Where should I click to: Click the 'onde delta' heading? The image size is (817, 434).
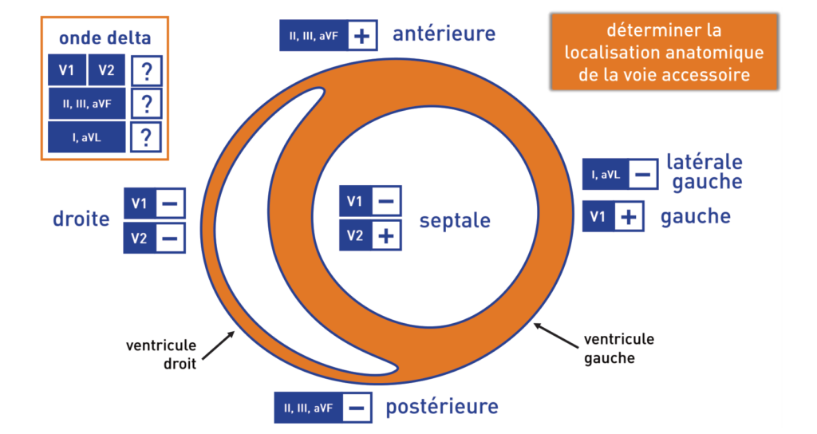[105, 37]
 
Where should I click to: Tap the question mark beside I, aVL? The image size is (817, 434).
[146, 137]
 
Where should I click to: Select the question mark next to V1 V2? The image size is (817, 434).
[146, 72]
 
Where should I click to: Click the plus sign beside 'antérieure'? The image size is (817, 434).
[361, 36]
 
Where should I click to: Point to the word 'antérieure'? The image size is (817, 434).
[444, 34]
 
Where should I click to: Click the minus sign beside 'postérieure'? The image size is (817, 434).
[357, 408]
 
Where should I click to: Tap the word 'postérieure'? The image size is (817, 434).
[442, 407]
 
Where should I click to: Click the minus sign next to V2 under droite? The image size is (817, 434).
[170, 238]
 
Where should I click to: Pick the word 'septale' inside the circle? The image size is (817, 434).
[455, 220]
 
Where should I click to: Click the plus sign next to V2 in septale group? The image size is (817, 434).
[385, 235]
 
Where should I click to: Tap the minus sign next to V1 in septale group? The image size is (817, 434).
[385, 201]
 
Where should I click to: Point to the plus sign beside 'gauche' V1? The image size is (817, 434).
[630, 217]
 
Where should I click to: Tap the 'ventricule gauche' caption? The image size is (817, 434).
[618, 349]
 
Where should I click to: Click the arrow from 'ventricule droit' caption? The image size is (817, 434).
[217, 346]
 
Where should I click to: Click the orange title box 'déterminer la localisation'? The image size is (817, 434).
[664, 53]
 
